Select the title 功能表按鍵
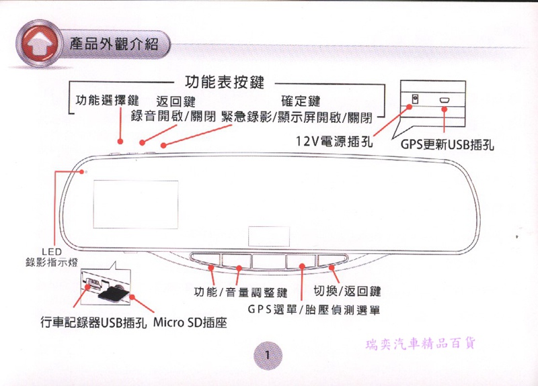[x=223, y=83]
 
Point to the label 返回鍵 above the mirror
[x=176, y=102]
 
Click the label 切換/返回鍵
[x=348, y=291]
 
